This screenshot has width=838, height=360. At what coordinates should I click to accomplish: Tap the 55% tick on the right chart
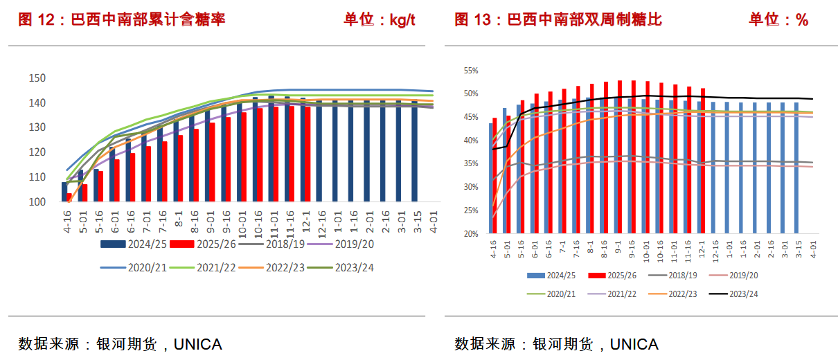tap(471, 71)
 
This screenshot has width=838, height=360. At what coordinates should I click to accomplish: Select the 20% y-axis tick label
tap(471, 234)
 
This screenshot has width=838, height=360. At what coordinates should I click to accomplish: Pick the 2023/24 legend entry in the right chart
tap(734, 294)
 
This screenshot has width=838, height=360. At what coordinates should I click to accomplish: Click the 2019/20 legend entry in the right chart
tap(734, 275)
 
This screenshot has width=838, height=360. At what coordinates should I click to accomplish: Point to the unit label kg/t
tap(402, 19)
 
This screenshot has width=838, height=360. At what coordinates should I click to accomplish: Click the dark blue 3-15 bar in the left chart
tap(415, 151)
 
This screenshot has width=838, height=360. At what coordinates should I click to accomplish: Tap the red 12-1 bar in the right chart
tap(703, 161)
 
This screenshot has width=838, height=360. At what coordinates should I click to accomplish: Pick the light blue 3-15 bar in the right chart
tap(796, 168)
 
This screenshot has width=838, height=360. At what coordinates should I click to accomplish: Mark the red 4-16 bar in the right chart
tap(494, 176)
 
